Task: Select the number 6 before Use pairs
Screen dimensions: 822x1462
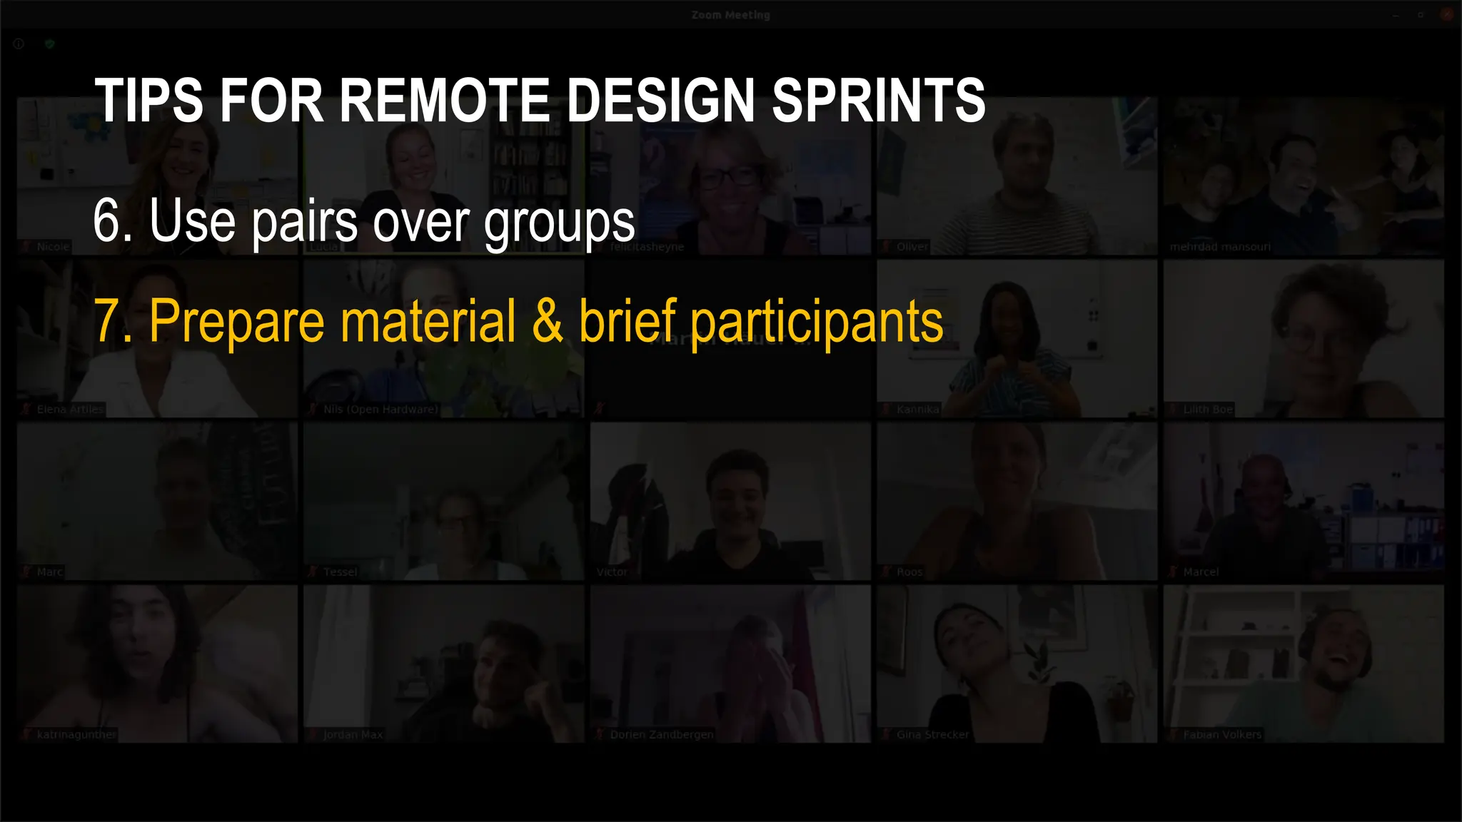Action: click(107, 221)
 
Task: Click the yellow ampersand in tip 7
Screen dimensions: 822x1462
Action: click(548, 321)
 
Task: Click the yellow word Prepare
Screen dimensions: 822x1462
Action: click(237, 323)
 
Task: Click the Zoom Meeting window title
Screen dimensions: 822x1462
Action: click(730, 15)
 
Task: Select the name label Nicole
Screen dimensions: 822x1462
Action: click(53, 247)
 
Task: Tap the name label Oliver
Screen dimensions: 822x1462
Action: click(912, 247)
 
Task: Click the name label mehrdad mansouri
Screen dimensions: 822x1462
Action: click(1220, 247)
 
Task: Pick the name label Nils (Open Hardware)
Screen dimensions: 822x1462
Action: click(380, 410)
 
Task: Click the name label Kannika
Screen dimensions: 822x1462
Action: click(918, 410)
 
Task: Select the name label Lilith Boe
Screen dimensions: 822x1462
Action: click(1208, 410)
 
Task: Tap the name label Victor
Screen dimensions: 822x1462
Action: click(612, 572)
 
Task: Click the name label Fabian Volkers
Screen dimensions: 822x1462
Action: click(1222, 735)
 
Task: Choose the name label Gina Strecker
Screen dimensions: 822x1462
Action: click(933, 735)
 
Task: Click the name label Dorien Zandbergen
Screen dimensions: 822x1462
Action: click(662, 735)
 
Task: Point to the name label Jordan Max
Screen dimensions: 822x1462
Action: click(353, 735)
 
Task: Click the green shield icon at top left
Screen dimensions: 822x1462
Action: click(49, 44)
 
